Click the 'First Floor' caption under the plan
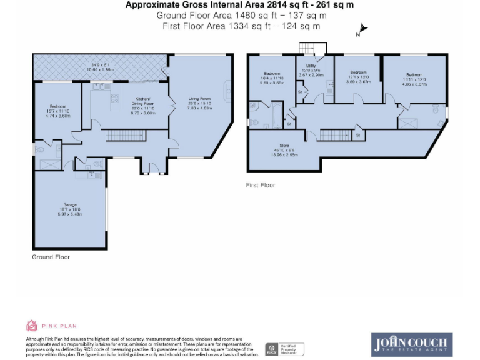pyautogui.click(x=261, y=185)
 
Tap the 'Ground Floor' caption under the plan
pyautogui.click(x=51, y=257)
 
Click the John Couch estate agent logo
pyautogui.click(x=411, y=344)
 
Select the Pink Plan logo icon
pyautogui.click(x=31, y=326)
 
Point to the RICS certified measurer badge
pyautogui.click(x=284, y=349)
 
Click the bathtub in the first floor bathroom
pyautogui.click(x=272, y=114)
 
